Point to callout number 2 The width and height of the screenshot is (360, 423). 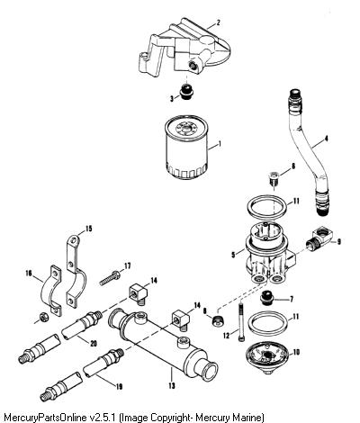point(219,22)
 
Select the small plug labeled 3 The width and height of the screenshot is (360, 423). point(186,91)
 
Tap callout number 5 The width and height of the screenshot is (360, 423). point(233,255)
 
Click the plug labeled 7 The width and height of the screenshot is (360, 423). point(266,298)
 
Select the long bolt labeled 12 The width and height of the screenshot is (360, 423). point(241,321)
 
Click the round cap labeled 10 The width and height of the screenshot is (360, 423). point(266,357)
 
